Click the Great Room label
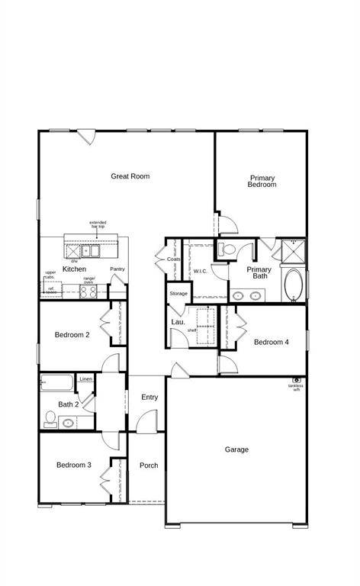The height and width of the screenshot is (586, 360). [130, 176]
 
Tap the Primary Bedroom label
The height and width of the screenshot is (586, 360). [262, 182]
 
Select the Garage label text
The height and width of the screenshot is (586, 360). [236, 449]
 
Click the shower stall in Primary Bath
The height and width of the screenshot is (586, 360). [292, 250]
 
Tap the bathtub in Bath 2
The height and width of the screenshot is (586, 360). [57, 382]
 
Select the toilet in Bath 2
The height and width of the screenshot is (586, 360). [50, 417]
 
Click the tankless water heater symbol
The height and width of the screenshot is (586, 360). [296, 379]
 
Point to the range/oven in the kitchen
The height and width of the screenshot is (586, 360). [88, 290]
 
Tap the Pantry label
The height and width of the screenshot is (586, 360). [117, 269]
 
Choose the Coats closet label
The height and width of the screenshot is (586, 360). [174, 259]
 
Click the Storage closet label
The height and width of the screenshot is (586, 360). [178, 294]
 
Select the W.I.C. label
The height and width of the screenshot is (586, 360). [201, 271]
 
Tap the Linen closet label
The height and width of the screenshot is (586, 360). [85, 379]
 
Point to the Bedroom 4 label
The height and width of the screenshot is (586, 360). [272, 343]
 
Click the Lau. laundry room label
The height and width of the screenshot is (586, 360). [178, 323]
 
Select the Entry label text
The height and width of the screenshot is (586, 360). [149, 397]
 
